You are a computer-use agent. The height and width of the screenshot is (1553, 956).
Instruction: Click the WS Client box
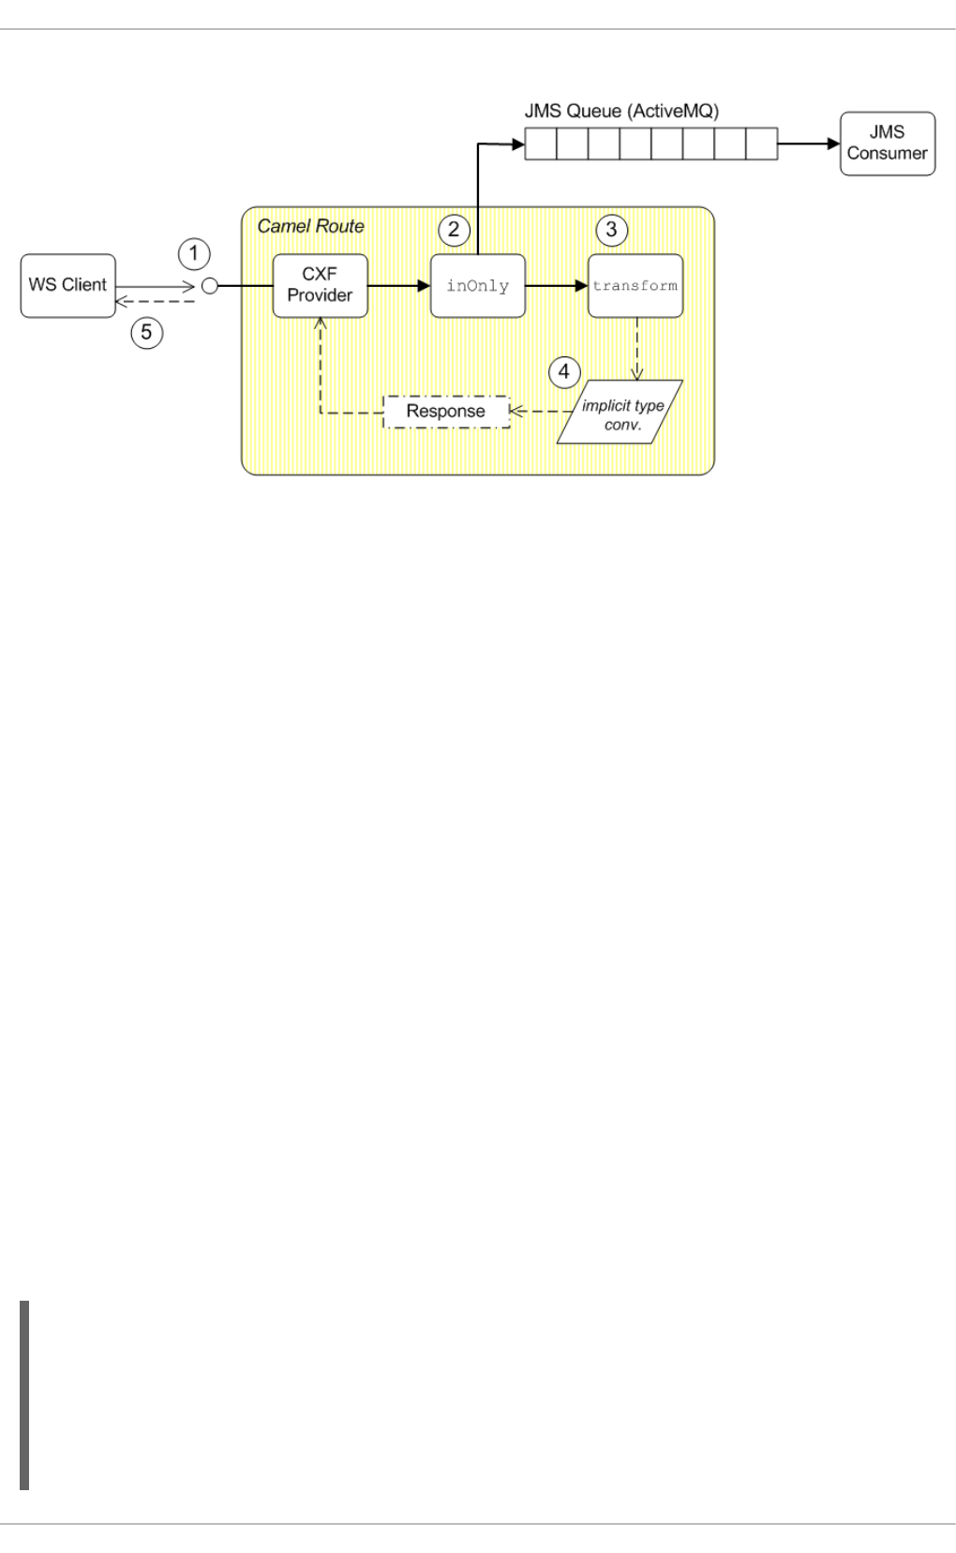coord(67,285)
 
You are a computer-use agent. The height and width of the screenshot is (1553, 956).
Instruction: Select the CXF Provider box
coord(320,285)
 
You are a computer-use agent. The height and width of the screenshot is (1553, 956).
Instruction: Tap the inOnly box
coord(477,285)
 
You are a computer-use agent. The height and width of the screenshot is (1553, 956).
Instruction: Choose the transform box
coord(635,285)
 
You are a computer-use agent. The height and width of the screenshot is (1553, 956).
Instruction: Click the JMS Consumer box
coord(887,143)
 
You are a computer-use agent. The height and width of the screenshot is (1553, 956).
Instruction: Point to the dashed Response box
coord(446,411)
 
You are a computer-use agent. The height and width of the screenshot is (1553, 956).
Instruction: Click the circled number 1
coord(194,252)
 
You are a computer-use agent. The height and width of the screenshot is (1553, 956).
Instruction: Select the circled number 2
coord(453,228)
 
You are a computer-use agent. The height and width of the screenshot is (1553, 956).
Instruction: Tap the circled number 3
coord(612,228)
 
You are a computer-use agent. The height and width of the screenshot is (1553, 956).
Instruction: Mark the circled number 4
coord(563,370)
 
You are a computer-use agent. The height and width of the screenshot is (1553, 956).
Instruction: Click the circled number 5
coord(146,331)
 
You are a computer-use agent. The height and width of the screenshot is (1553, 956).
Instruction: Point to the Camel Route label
coord(310,226)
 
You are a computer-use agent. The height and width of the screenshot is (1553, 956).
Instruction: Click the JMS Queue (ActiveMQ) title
coord(620,111)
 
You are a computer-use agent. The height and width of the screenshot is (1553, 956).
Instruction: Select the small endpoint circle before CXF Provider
coord(210,285)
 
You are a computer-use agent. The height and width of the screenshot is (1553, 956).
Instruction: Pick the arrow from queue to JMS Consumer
coord(808,144)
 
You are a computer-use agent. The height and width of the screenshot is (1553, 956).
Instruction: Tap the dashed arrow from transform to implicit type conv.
coord(637,348)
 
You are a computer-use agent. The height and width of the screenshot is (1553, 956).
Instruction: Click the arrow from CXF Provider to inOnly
coord(398,285)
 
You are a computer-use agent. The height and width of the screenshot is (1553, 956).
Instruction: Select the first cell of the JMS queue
coord(540,144)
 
